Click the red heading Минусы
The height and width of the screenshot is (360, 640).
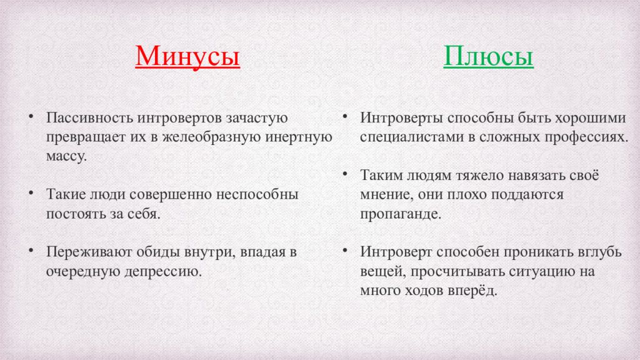187,56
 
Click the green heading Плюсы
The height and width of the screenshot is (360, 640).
488,56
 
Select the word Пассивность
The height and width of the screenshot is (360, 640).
90,117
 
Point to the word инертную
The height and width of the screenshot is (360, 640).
299,137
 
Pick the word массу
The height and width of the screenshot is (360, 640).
66,156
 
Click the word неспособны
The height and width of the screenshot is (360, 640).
257,194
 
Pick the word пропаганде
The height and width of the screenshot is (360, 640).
401,214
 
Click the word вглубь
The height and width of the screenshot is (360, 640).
600,252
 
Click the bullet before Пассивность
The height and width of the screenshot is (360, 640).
31,117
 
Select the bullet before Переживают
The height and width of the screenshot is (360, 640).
31,250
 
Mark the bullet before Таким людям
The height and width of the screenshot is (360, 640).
345,174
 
